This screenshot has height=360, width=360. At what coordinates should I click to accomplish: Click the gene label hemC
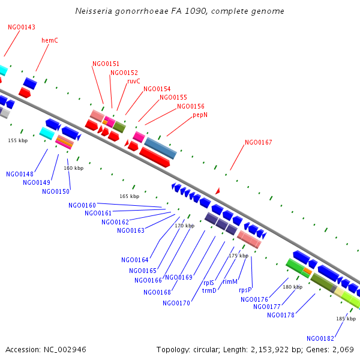pos(49,40)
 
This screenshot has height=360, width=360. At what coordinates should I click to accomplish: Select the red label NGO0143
pos(22,27)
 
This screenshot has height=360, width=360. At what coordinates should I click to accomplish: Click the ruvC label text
pos(133,81)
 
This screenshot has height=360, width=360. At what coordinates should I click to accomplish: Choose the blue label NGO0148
pos(20,174)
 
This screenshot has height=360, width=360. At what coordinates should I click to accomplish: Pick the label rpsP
pos(245,290)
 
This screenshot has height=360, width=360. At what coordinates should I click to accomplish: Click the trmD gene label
pos(209,290)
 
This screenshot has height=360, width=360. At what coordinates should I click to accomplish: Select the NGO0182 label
pos(320,338)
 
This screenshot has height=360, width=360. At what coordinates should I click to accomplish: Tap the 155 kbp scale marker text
pos(17,140)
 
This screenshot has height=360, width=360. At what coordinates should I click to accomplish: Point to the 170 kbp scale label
pos(184,226)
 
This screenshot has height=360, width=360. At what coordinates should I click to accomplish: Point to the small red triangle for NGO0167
pos(218,190)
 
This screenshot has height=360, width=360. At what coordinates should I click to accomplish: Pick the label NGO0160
pos(82,205)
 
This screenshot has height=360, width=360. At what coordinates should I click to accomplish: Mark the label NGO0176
pos(254,299)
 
